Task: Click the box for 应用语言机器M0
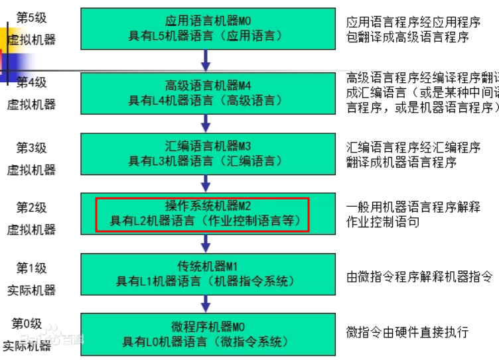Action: pyautogui.click(x=205, y=29)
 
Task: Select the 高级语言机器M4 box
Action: pyautogui.click(x=205, y=93)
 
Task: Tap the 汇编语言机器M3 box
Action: pyautogui.click(x=205, y=153)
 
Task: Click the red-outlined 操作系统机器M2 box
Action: pyautogui.click(x=203, y=213)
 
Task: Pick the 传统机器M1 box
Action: pyautogui.click(x=205, y=274)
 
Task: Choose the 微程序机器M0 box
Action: pyautogui.click(x=205, y=334)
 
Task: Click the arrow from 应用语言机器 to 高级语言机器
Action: pyautogui.click(x=206, y=60)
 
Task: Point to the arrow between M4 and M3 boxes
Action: pyautogui.click(x=206, y=122)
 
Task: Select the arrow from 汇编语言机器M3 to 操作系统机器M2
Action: pyautogui.click(x=206, y=182)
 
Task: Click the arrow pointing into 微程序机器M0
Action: pyautogui.click(x=206, y=303)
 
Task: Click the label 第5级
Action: pyautogui.click(x=31, y=17)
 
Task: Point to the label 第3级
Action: pyautogui.click(x=31, y=147)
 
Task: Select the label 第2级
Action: pyautogui.click(x=31, y=208)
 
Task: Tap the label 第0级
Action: pyautogui.click(x=27, y=324)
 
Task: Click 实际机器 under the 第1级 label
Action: pyautogui.click(x=31, y=290)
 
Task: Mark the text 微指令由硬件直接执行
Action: pyautogui.click(x=407, y=331)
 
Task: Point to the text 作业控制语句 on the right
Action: pyautogui.click(x=383, y=221)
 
